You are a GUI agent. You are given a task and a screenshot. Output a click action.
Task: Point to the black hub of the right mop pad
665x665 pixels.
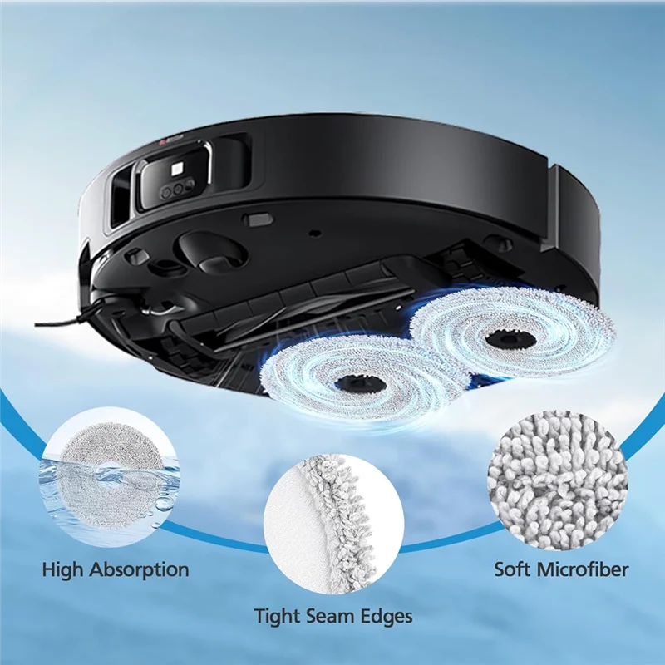(x=504, y=337)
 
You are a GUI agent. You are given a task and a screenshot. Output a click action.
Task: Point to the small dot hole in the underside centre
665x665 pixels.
(x=313, y=233)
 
